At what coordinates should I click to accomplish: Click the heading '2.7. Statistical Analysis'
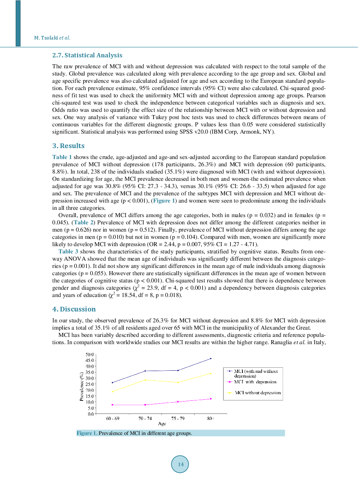pyautogui.click(x=87, y=55)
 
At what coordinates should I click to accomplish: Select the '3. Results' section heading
pyautogui.click(x=68, y=146)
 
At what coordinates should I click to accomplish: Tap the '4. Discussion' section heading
pyautogui.click(x=74, y=309)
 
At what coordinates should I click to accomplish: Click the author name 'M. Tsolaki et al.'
pyautogui.click(x=52, y=38)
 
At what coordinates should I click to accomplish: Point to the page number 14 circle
pyautogui.click(x=180, y=464)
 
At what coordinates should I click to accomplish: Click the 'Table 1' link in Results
pyautogui.click(x=62, y=157)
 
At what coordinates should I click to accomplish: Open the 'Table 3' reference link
pyautogui.click(x=68, y=252)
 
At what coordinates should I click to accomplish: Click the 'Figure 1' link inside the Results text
pyautogui.click(x=164, y=201)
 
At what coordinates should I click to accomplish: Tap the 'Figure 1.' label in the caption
pyautogui.click(x=87, y=433)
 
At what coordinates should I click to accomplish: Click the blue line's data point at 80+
pyautogui.click(x=211, y=359)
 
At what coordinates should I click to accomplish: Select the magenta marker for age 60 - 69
pyautogui.click(x=112, y=405)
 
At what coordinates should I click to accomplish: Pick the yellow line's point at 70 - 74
pyautogui.click(x=145, y=380)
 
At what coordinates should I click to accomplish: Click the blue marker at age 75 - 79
pyautogui.click(x=178, y=370)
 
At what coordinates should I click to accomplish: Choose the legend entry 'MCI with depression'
pyautogui.click(x=255, y=382)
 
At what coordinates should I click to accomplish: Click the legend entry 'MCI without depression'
pyautogui.click(x=258, y=393)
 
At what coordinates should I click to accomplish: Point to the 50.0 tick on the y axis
pyautogui.click(x=90, y=354)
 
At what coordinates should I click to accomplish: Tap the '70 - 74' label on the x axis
pyautogui.click(x=145, y=419)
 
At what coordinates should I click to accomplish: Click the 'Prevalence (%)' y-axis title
pyautogui.click(x=82, y=387)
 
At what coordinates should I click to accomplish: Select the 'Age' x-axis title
pyautogui.click(x=162, y=424)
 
